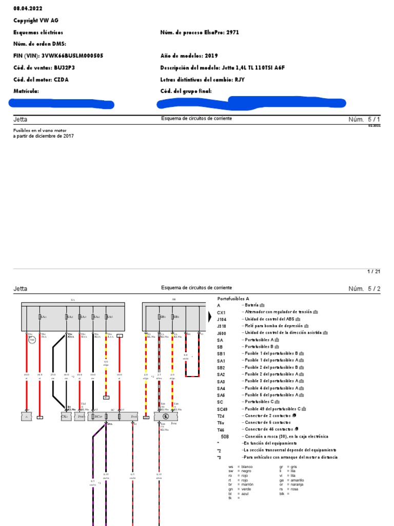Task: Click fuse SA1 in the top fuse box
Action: pyautogui.click(x=42, y=317)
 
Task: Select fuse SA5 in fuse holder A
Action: pyautogui.click(x=108, y=317)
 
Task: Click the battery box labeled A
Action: pyautogui.click(x=25, y=417)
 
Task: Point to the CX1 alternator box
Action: pyautogui.click(x=65, y=417)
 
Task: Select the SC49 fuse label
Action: pyautogui.click(x=97, y=417)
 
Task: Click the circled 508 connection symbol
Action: pyautogui.click(x=32, y=340)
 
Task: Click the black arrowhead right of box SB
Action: pyautogui.click(x=209, y=317)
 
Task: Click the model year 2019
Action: pyautogui.click(x=211, y=55)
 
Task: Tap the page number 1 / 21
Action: pyautogui.click(x=374, y=271)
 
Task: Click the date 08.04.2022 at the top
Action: pyautogui.click(x=28, y=9)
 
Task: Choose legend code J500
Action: pyautogui.click(x=222, y=332)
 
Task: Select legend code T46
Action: pyautogui.click(x=221, y=429)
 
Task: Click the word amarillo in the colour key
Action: pyautogui.click(x=297, y=480)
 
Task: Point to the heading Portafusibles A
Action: pyautogui.click(x=233, y=298)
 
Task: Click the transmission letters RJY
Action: pyautogui.click(x=240, y=80)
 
